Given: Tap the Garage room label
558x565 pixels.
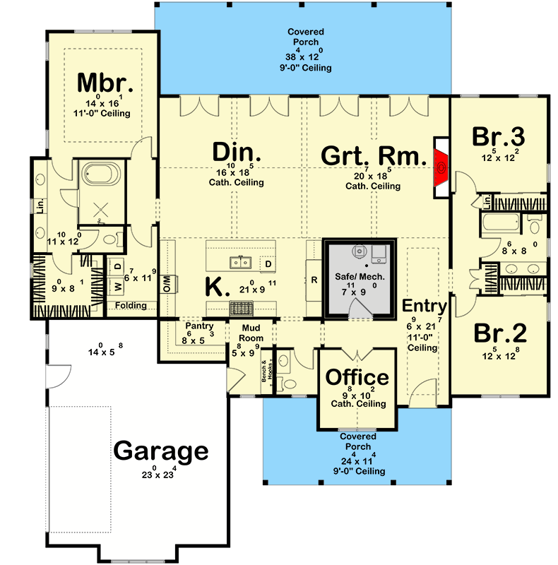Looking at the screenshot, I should pyautogui.click(x=162, y=450).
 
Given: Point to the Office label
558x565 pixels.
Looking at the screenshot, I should pyautogui.click(x=357, y=377).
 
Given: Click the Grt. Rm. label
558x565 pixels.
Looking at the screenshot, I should pyautogui.click(x=372, y=155).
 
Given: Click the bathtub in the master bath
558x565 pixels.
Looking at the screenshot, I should pyautogui.click(x=102, y=173).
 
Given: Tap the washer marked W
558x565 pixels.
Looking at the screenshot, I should pyautogui.click(x=117, y=286).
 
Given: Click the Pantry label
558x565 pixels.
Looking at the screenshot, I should pyautogui.click(x=194, y=326).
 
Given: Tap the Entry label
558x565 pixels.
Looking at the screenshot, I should pyautogui.click(x=425, y=307).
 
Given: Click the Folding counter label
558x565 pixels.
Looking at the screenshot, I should pyautogui.click(x=132, y=306).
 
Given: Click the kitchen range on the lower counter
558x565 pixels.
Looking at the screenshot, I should pyautogui.click(x=242, y=307).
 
